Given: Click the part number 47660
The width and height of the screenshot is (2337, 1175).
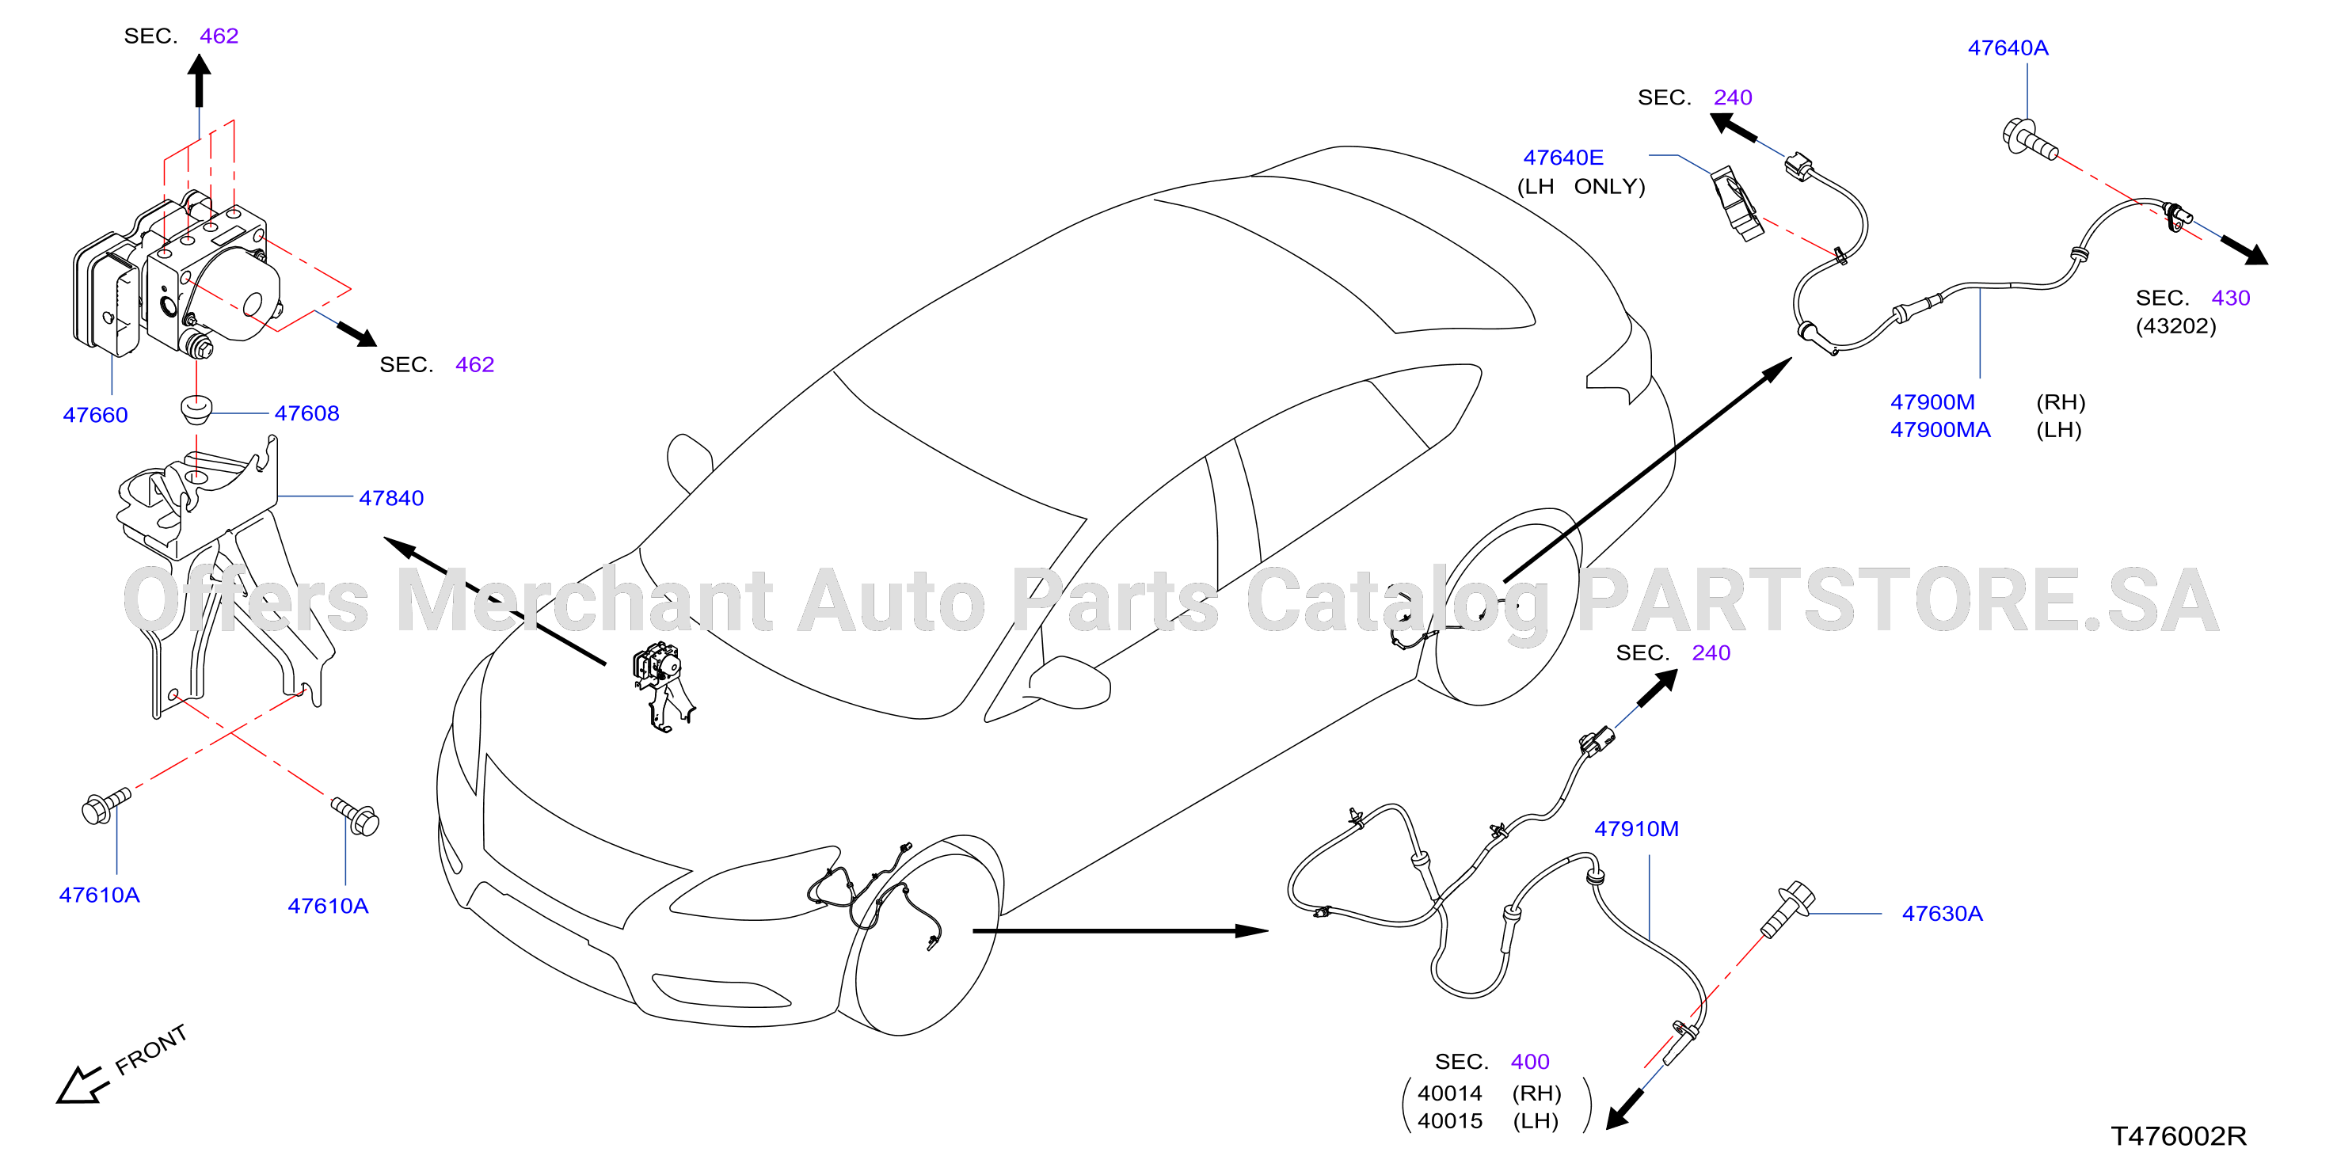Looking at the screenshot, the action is [x=95, y=415].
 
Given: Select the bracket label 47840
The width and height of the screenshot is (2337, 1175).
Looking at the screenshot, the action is [x=391, y=498].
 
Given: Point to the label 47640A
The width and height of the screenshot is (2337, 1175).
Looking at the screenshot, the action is [x=2008, y=48].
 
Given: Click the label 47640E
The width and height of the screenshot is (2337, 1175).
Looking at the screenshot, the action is [x=1563, y=158].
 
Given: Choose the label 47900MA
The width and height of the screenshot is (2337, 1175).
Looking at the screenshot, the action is [x=1939, y=430].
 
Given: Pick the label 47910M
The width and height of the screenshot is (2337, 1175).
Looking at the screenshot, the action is [x=1637, y=829].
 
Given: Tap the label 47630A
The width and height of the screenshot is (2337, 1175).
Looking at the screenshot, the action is [x=1943, y=914].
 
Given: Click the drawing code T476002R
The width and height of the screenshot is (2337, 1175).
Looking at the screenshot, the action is [x=2179, y=1136].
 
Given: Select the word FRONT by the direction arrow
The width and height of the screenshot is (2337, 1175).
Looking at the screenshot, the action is [x=151, y=1049].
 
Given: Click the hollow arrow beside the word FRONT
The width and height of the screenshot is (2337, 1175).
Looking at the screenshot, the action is [x=81, y=1084].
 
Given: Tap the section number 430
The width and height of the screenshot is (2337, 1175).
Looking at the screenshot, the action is [x=2231, y=298].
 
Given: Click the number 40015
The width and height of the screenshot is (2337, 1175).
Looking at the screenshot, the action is [x=1450, y=1121].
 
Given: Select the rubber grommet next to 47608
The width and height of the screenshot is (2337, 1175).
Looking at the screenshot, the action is [x=196, y=409].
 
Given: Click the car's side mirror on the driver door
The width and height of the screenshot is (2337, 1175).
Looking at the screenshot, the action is [x=1070, y=680].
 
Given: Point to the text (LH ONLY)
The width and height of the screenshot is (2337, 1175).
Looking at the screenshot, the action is [x=1581, y=187].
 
